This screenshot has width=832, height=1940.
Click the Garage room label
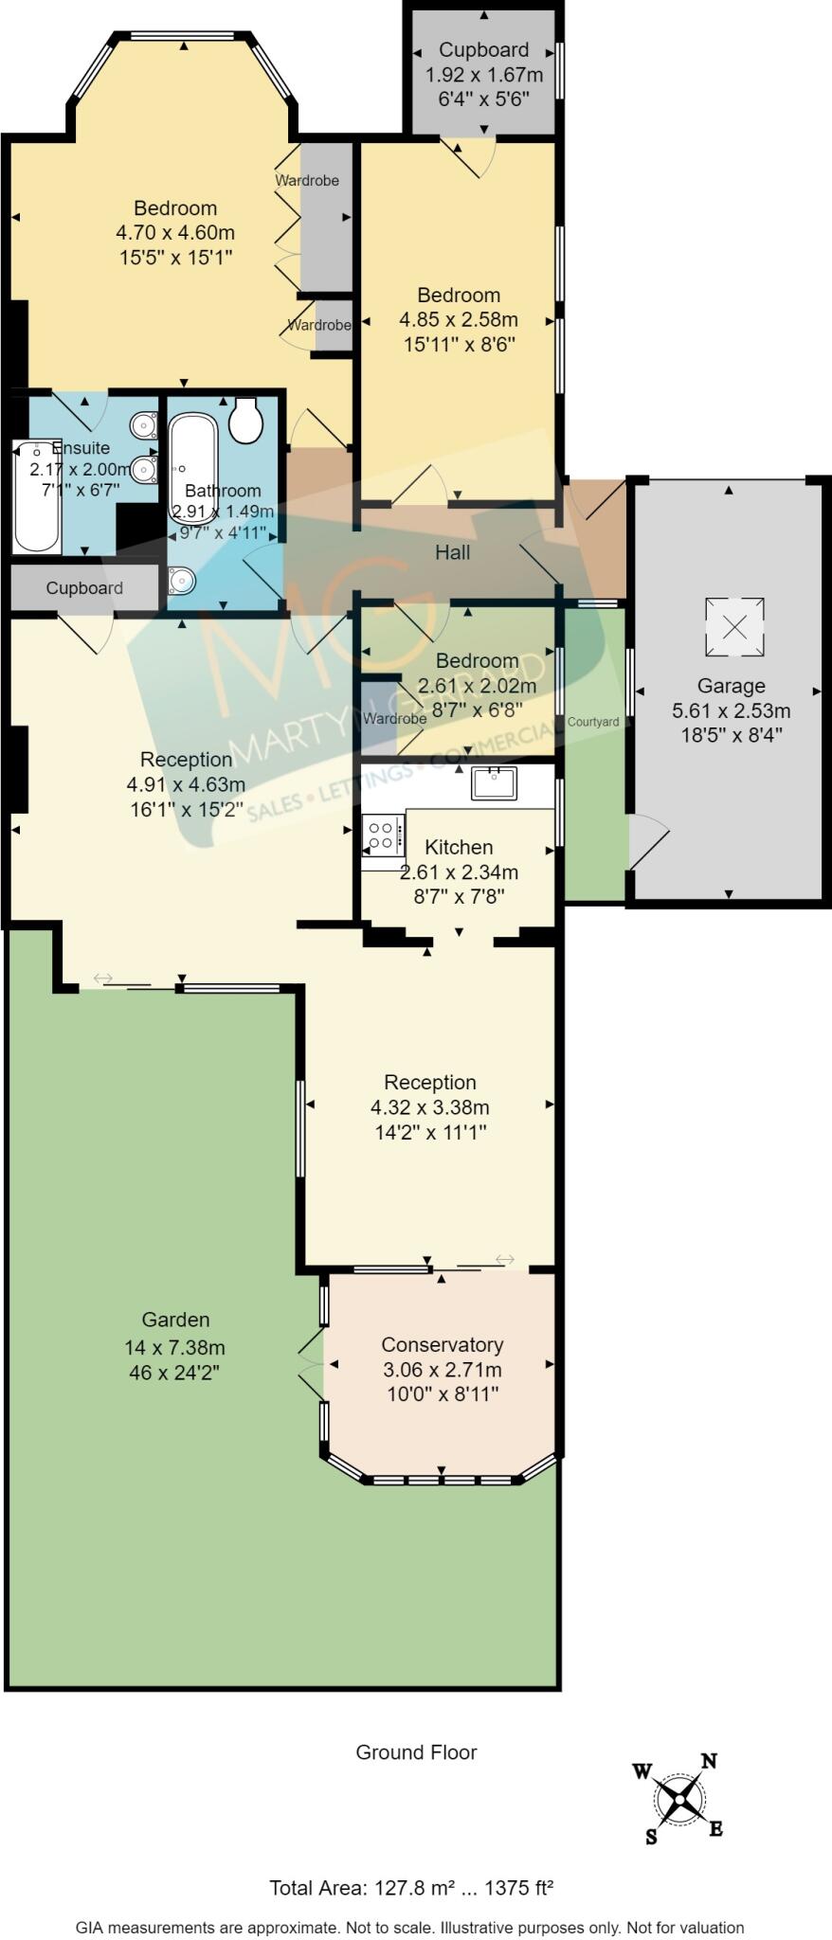(x=731, y=686)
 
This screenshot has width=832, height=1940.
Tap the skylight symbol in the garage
(x=734, y=626)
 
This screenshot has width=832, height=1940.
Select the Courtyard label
(x=593, y=722)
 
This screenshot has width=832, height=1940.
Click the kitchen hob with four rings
(x=381, y=835)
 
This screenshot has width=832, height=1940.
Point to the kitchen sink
(x=494, y=782)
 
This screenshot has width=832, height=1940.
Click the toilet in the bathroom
(x=246, y=420)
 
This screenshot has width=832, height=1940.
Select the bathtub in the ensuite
(x=36, y=497)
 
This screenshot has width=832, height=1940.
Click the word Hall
(x=452, y=552)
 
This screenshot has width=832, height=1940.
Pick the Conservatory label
(x=442, y=1344)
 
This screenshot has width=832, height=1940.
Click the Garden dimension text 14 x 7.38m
(x=174, y=1347)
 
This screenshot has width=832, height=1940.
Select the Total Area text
(x=411, y=1887)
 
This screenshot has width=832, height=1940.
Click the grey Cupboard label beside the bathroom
(x=84, y=588)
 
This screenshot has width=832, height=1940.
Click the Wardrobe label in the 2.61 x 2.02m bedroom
(x=394, y=719)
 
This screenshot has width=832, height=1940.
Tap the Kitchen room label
(x=459, y=847)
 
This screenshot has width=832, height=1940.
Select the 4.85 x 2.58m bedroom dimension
(x=459, y=320)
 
